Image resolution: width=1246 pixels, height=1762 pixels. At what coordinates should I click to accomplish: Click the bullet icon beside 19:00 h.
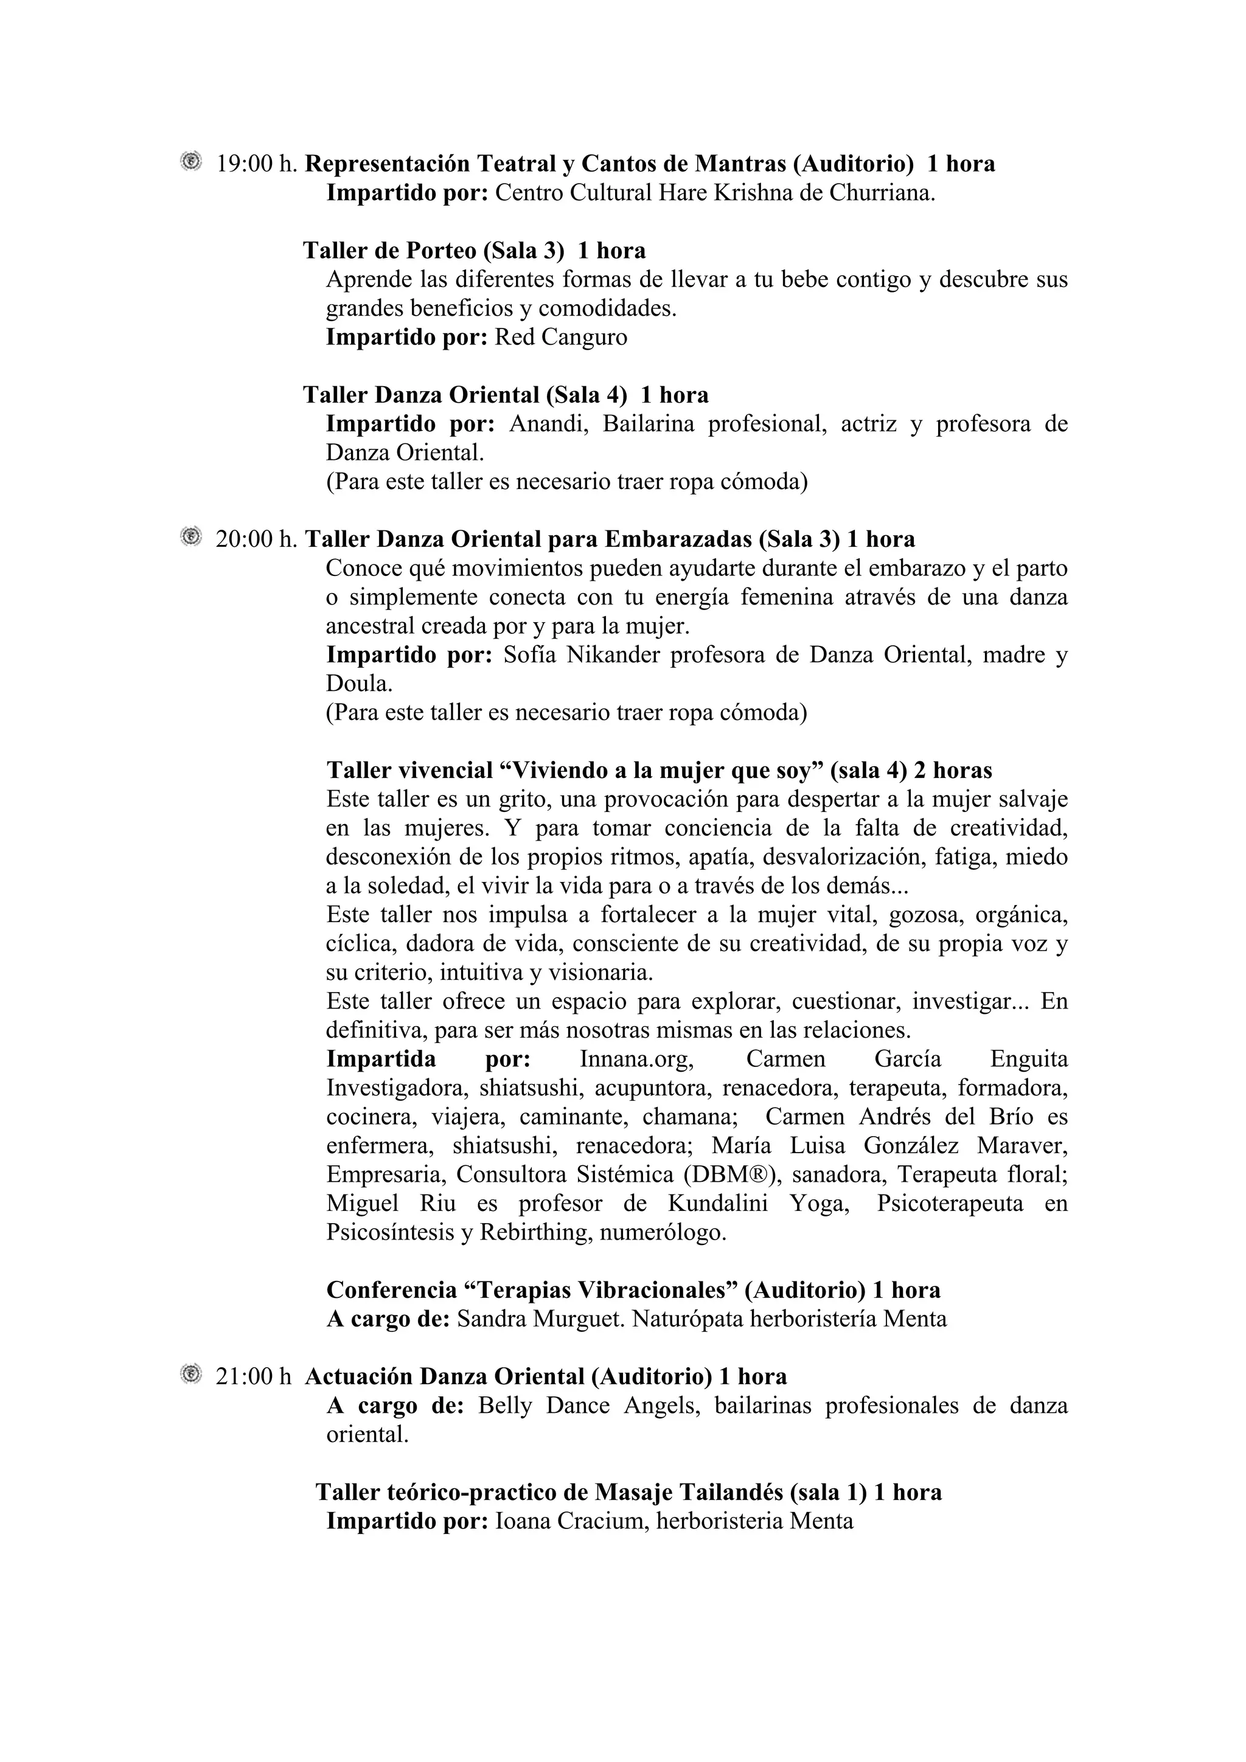click(190, 161)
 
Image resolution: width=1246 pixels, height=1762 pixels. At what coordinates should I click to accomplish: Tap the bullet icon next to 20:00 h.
click(190, 537)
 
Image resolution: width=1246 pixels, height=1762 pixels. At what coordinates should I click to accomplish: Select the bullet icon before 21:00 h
click(190, 1374)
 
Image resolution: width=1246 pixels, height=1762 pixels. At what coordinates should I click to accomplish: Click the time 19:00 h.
click(256, 164)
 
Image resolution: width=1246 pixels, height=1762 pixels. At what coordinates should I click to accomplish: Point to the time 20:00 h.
click(256, 539)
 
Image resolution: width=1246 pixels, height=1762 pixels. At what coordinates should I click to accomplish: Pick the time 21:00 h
click(253, 1377)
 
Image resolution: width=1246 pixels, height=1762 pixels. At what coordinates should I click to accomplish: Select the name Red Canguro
click(560, 337)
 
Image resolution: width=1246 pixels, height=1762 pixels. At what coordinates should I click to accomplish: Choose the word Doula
click(358, 684)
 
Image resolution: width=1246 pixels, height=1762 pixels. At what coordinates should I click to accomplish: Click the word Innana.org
click(636, 1059)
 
